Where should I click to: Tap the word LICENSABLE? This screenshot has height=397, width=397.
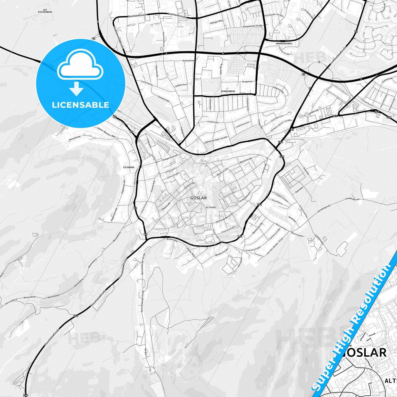point(80,105)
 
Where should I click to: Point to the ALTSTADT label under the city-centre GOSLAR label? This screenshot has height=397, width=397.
point(211,207)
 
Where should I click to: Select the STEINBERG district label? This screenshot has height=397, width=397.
point(129,167)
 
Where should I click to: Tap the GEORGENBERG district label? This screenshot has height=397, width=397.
point(228,91)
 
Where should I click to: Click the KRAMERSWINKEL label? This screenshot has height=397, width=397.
point(284,43)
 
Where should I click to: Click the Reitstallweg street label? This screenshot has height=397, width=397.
point(75,138)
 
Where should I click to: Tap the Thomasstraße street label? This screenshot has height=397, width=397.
point(228,230)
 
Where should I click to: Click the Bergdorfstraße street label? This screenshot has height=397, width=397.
point(222,253)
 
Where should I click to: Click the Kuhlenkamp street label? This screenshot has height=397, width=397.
point(188,60)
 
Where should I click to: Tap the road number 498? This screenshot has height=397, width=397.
point(389,117)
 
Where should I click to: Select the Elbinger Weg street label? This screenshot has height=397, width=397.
point(216,22)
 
